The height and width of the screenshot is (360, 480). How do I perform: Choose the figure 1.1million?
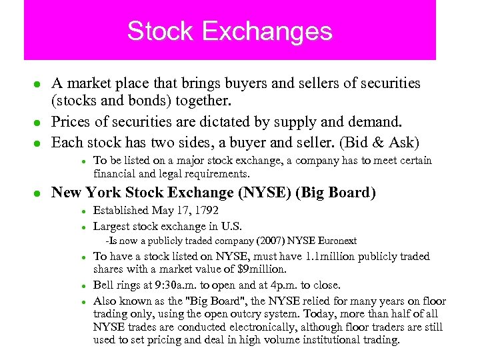click(x=330, y=256)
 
